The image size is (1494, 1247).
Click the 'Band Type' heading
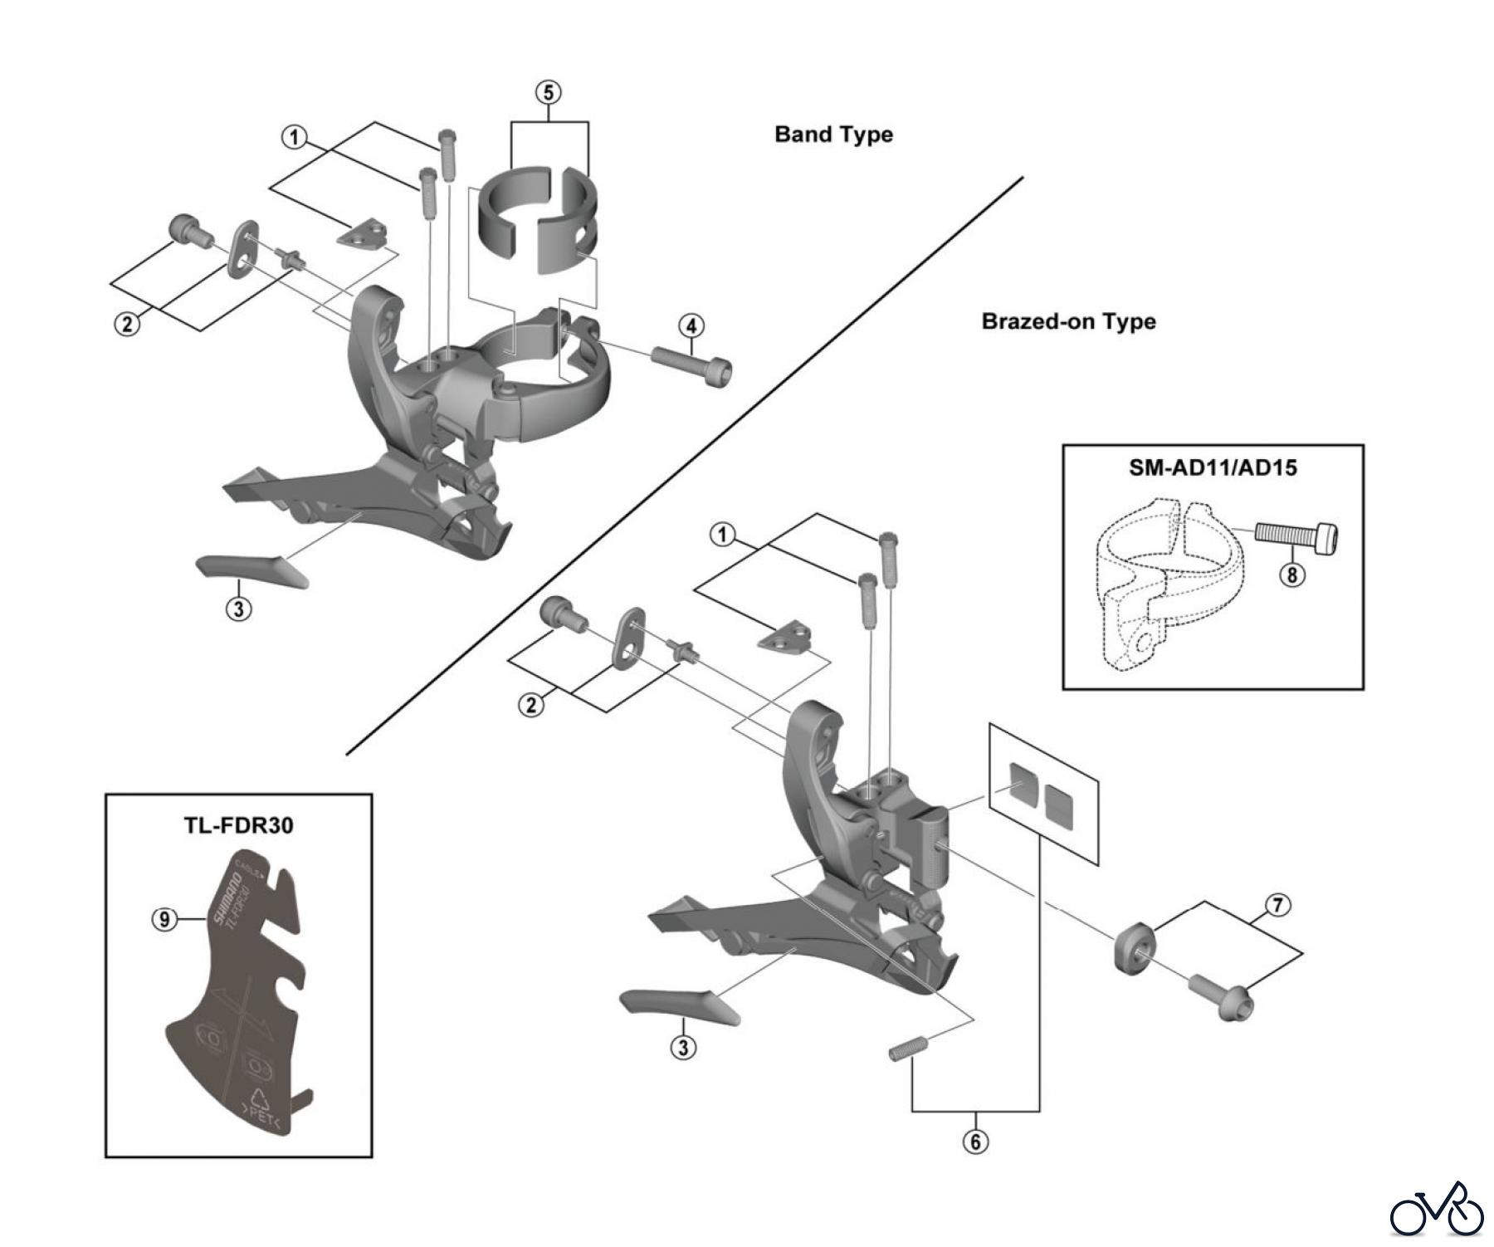[x=833, y=134]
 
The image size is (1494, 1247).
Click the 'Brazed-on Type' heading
[x=1068, y=321]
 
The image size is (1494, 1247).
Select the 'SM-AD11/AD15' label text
[x=1213, y=467]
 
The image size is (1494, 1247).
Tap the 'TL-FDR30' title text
[x=238, y=825]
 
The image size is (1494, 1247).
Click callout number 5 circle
[x=548, y=92]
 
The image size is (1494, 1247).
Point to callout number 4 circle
[x=691, y=325]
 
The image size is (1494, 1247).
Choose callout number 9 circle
[x=164, y=919]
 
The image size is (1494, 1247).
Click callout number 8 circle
[x=1291, y=575]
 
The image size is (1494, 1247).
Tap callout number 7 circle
[x=1277, y=905]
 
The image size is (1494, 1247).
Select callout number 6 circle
[x=975, y=1142]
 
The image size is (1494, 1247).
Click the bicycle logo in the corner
[x=1436, y=1214]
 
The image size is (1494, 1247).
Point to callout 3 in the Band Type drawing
[x=238, y=609]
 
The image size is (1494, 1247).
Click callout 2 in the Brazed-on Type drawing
[x=531, y=705]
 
